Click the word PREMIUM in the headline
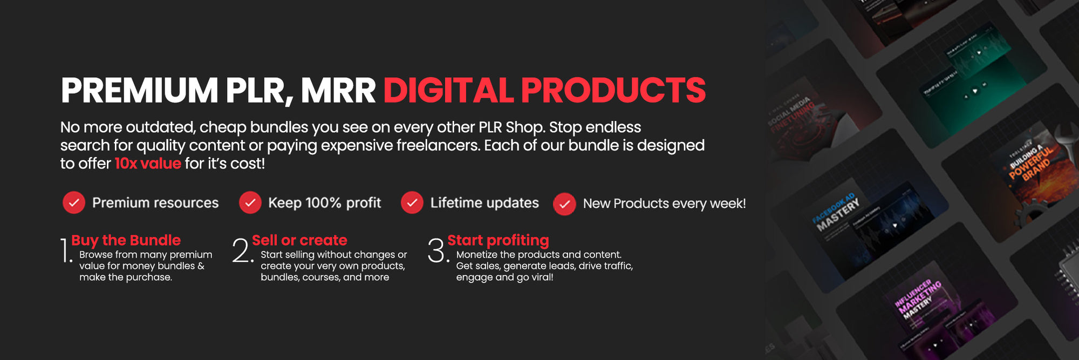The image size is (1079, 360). pyautogui.click(x=139, y=90)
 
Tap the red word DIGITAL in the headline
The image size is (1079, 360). pyautogui.click(x=448, y=90)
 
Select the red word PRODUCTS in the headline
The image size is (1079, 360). pyautogui.click(x=613, y=90)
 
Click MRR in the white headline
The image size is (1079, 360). pyautogui.click(x=338, y=90)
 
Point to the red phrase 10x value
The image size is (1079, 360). pyautogui.click(x=148, y=164)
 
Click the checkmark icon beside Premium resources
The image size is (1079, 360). pyautogui.click(x=74, y=203)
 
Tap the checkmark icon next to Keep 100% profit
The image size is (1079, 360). pyautogui.click(x=250, y=203)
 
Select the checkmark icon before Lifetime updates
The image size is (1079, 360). pyautogui.click(x=412, y=203)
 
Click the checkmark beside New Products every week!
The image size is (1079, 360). pyautogui.click(x=564, y=204)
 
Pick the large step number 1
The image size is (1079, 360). pyautogui.click(x=65, y=251)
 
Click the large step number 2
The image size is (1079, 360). pyautogui.click(x=242, y=251)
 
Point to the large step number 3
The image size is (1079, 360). pyautogui.click(x=437, y=251)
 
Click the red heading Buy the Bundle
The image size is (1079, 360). pyautogui.click(x=126, y=240)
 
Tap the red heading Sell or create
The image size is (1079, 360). pyautogui.click(x=299, y=240)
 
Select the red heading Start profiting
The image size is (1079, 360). pyautogui.click(x=498, y=240)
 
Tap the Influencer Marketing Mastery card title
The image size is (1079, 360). pyautogui.click(x=918, y=299)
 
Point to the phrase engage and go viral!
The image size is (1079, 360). pyautogui.click(x=504, y=277)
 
